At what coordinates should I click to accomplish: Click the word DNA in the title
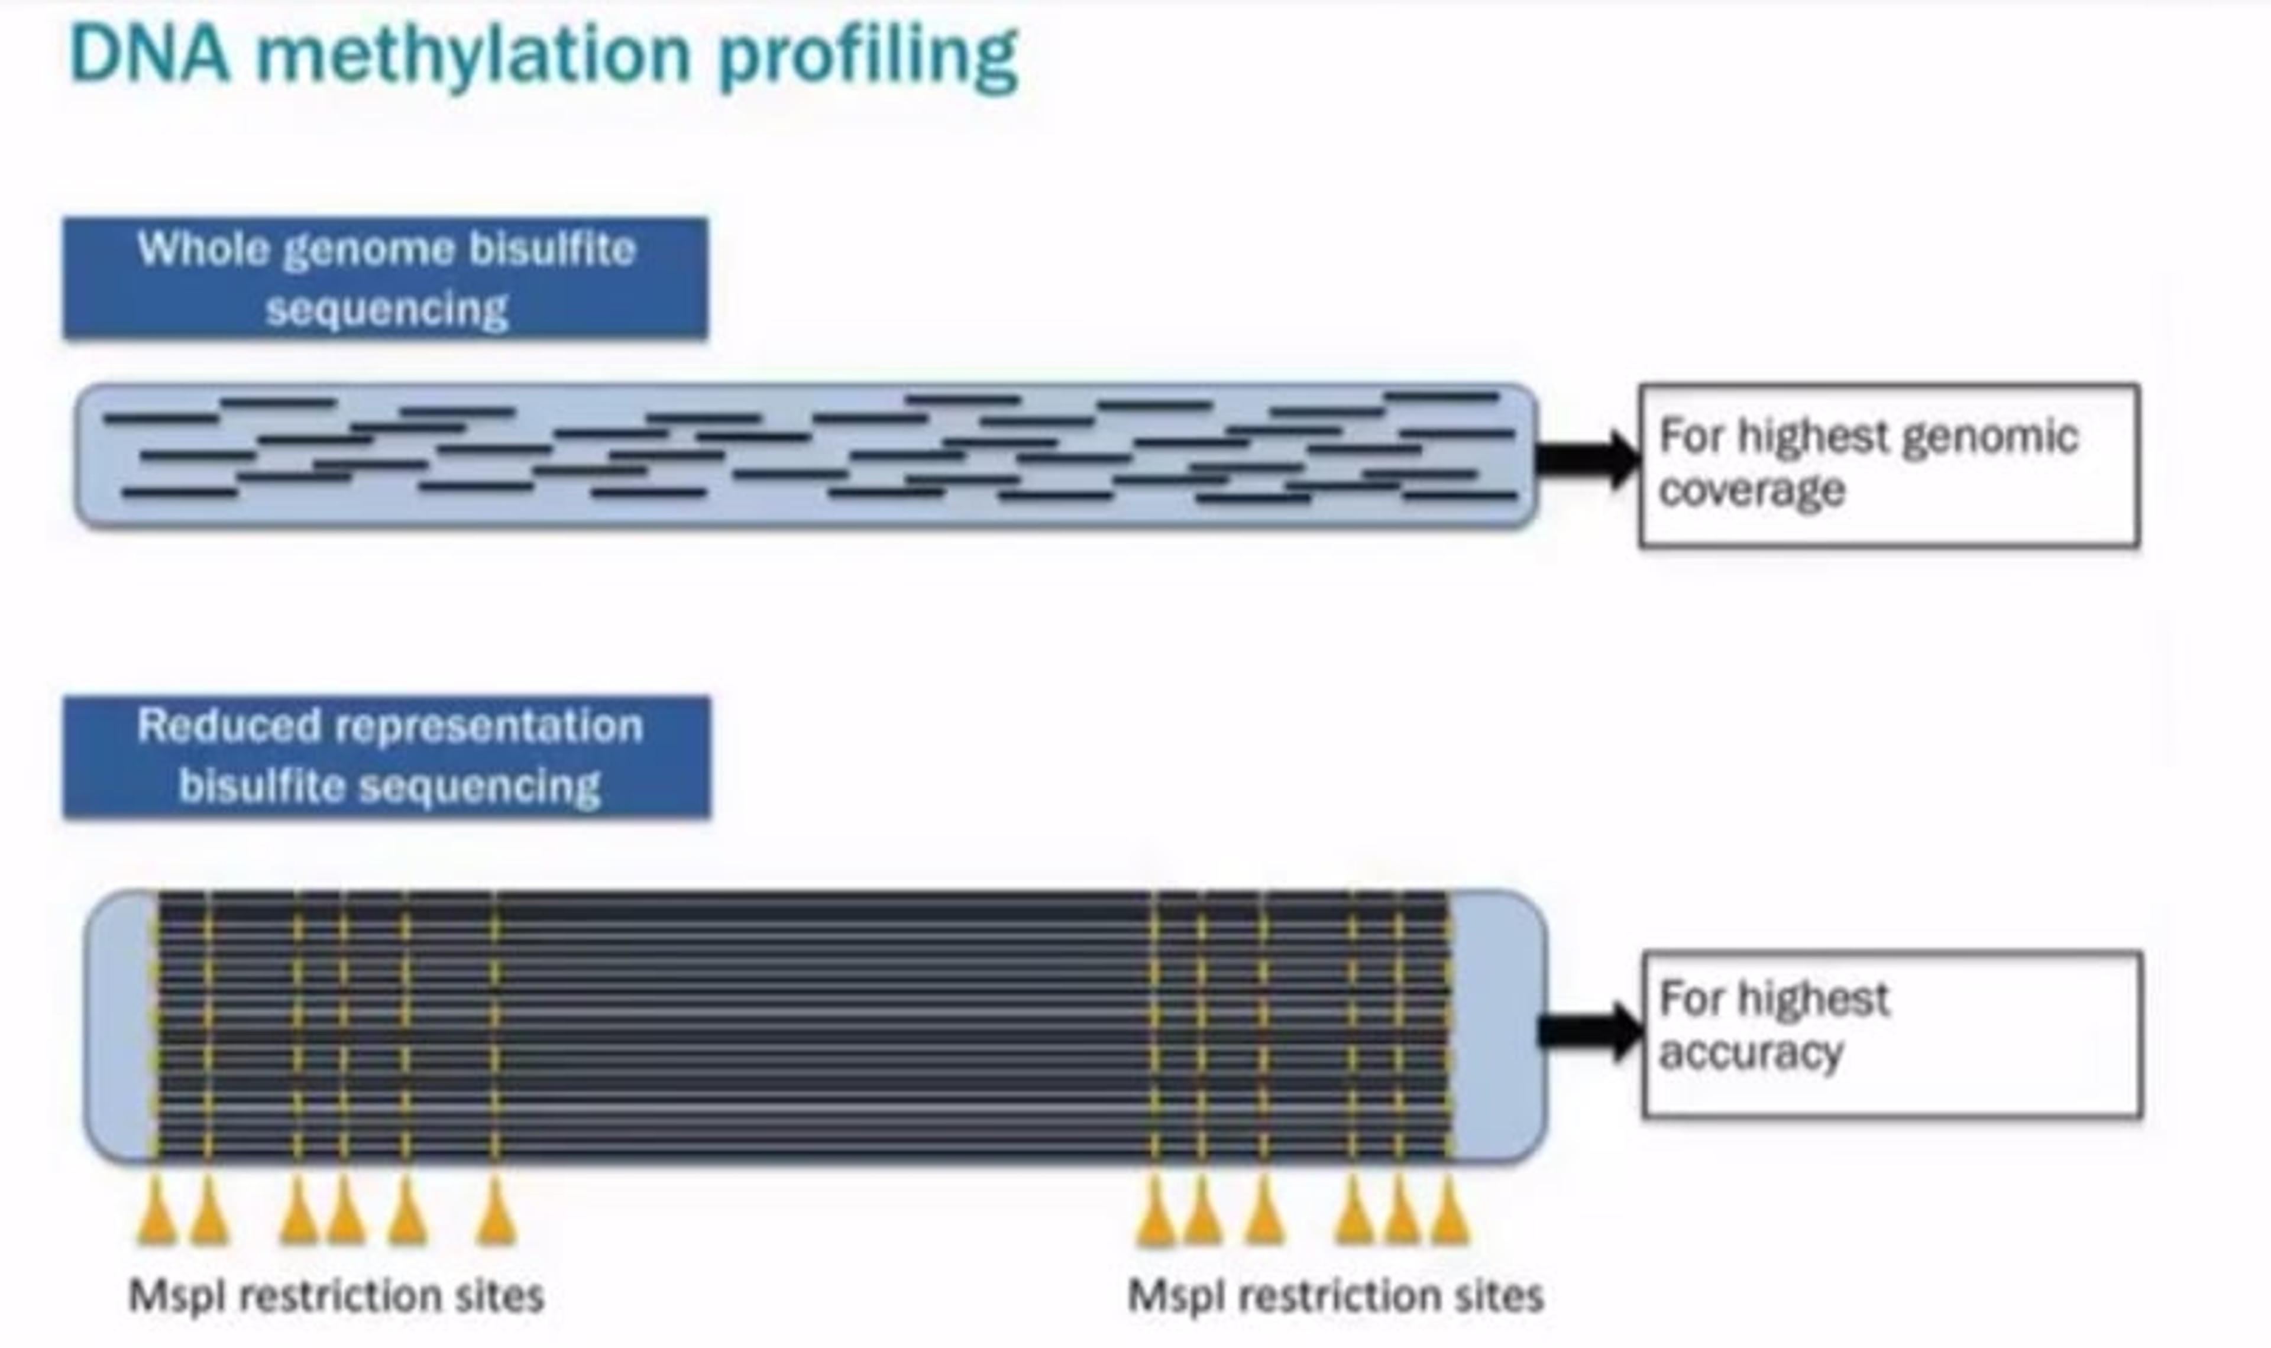150,54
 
